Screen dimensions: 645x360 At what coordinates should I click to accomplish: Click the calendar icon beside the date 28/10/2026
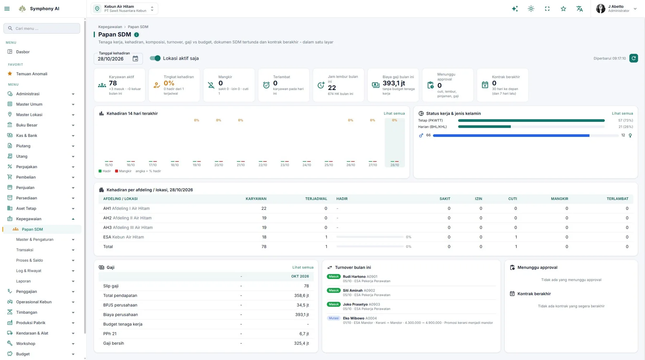click(135, 58)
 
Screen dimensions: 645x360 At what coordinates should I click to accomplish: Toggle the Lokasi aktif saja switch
click(155, 58)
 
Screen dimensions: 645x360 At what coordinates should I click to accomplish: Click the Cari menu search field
click(42, 28)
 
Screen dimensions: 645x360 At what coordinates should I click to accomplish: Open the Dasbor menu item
click(23, 52)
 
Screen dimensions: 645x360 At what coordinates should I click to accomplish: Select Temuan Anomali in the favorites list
click(32, 74)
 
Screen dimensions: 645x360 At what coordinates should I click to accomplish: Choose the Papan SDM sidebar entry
click(32, 229)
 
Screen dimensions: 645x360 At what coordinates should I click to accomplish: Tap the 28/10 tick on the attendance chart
click(395, 165)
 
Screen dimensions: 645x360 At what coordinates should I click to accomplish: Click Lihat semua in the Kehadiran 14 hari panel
click(394, 113)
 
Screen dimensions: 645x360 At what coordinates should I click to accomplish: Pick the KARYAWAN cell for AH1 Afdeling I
click(264, 208)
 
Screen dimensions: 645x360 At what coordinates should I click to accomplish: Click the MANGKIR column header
click(559, 199)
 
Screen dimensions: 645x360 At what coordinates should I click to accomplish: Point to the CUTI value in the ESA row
click(516, 237)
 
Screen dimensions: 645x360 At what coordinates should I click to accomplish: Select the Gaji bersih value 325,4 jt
click(301, 343)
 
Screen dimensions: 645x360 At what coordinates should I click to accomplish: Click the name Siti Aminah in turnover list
click(353, 290)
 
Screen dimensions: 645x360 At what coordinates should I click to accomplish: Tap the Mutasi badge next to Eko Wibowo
click(334, 318)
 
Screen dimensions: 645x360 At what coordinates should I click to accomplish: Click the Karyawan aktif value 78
click(113, 83)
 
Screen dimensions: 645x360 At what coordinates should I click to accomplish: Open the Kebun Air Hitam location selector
click(124, 9)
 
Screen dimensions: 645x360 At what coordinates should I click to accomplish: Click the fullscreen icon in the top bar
click(547, 9)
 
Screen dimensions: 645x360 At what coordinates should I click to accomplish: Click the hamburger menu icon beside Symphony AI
click(7, 9)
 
